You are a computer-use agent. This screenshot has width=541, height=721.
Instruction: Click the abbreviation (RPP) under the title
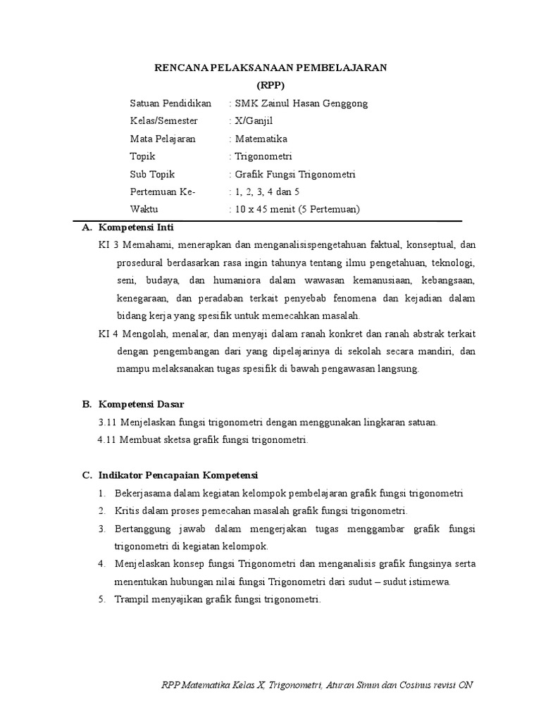(x=270, y=84)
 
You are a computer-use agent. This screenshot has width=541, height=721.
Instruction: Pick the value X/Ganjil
(x=258, y=121)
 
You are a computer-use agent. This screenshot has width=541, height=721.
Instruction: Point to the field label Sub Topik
(x=152, y=174)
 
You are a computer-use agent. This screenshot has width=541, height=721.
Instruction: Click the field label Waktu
(x=144, y=209)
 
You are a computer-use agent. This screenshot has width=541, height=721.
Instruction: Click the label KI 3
(x=107, y=245)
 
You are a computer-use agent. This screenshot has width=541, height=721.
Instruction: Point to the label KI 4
(x=107, y=334)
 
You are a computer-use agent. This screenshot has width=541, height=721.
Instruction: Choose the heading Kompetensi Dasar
(x=141, y=404)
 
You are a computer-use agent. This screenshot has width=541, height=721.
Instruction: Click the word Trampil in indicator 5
(x=130, y=599)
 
